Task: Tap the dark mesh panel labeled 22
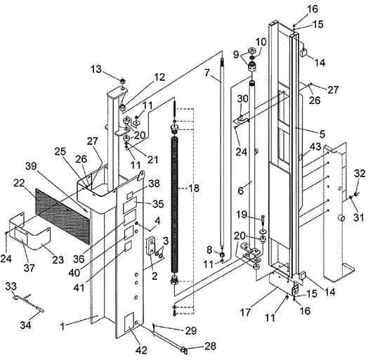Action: (63, 215)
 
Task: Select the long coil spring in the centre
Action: (174, 208)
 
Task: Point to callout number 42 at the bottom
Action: (142, 350)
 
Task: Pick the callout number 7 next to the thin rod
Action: (206, 73)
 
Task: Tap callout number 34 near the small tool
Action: (25, 326)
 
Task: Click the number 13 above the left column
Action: (96, 69)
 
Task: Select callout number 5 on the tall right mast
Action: (322, 134)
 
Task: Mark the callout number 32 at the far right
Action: (360, 174)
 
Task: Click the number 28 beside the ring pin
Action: (210, 346)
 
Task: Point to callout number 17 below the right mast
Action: (246, 312)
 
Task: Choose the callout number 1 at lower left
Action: (63, 326)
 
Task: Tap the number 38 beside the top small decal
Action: (155, 184)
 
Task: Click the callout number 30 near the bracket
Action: (242, 98)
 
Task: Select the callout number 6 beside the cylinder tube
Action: (241, 191)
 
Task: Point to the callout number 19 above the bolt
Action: (242, 214)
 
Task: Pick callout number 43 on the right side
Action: (315, 147)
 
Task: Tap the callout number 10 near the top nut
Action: (261, 41)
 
